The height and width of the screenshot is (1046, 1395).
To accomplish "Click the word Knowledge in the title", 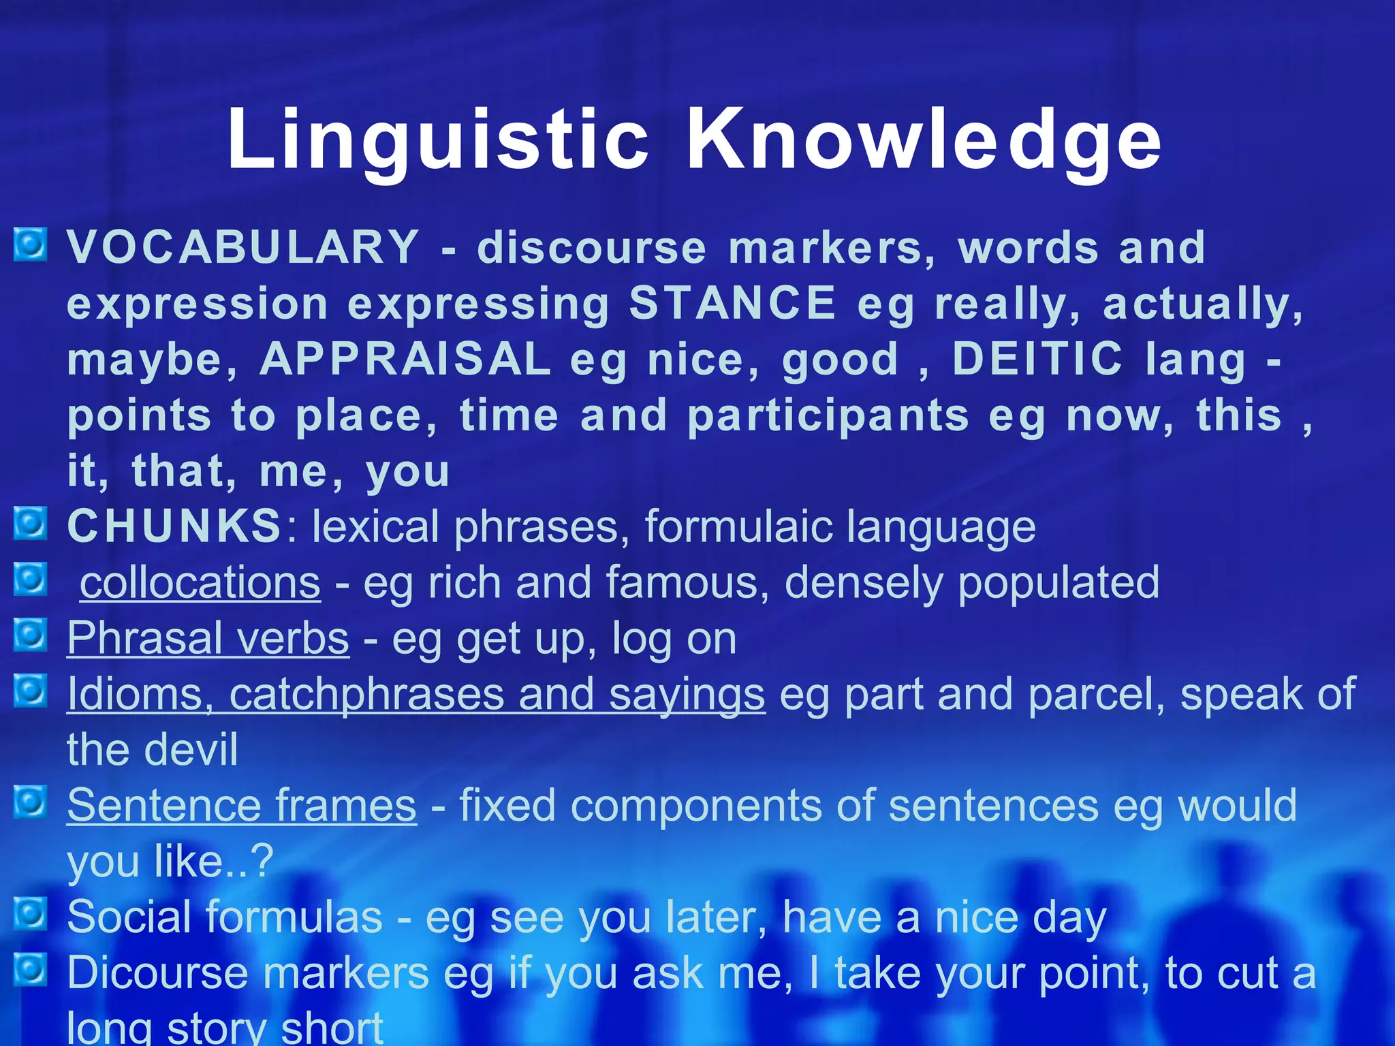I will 924,140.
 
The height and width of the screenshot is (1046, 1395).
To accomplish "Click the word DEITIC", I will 1036,359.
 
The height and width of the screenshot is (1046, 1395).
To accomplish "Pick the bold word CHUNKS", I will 174,526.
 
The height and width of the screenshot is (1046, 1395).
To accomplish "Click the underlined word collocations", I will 200,583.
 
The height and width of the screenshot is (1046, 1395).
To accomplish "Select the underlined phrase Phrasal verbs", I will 208,639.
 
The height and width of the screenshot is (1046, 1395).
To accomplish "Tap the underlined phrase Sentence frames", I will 241,806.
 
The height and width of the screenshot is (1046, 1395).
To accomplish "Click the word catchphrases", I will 366,695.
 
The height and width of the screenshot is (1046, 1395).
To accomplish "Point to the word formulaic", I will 738,526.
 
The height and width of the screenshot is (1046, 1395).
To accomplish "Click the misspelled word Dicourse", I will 157,972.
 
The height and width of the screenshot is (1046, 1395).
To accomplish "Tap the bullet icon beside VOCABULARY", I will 31,244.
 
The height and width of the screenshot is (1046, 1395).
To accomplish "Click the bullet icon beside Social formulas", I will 31,914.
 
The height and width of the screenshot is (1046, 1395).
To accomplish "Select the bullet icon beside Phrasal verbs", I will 31,635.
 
